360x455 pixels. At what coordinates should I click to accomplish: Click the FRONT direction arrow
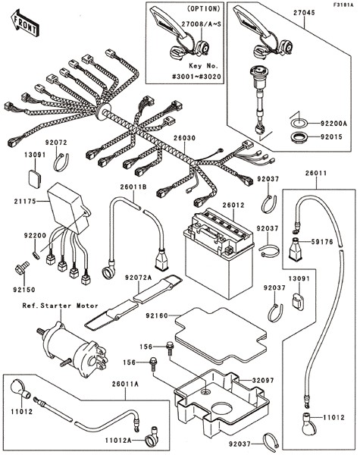(25, 23)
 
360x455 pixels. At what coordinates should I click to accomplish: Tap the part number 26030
(184, 138)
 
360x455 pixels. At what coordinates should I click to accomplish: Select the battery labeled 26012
(219, 253)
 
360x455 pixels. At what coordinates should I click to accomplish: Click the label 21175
(25, 201)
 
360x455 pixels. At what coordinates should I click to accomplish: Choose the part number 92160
(157, 315)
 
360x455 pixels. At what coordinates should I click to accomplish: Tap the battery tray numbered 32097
(221, 403)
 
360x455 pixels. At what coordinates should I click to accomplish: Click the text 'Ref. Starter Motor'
(61, 306)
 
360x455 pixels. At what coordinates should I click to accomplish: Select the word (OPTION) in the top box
(204, 8)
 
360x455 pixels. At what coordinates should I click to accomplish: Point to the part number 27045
(304, 13)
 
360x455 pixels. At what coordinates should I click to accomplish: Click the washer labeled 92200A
(299, 123)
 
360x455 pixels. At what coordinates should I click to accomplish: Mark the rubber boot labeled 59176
(296, 248)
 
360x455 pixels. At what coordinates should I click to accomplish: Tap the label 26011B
(133, 187)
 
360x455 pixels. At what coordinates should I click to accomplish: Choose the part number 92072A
(139, 278)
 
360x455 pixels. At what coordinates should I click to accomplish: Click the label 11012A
(118, 440)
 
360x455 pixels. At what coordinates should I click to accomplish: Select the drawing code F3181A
(343, 5)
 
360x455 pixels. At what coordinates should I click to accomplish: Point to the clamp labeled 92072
(61, 162)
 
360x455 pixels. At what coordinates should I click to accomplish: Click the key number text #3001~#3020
(196, 77)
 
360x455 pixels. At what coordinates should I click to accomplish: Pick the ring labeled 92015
(299, 137)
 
